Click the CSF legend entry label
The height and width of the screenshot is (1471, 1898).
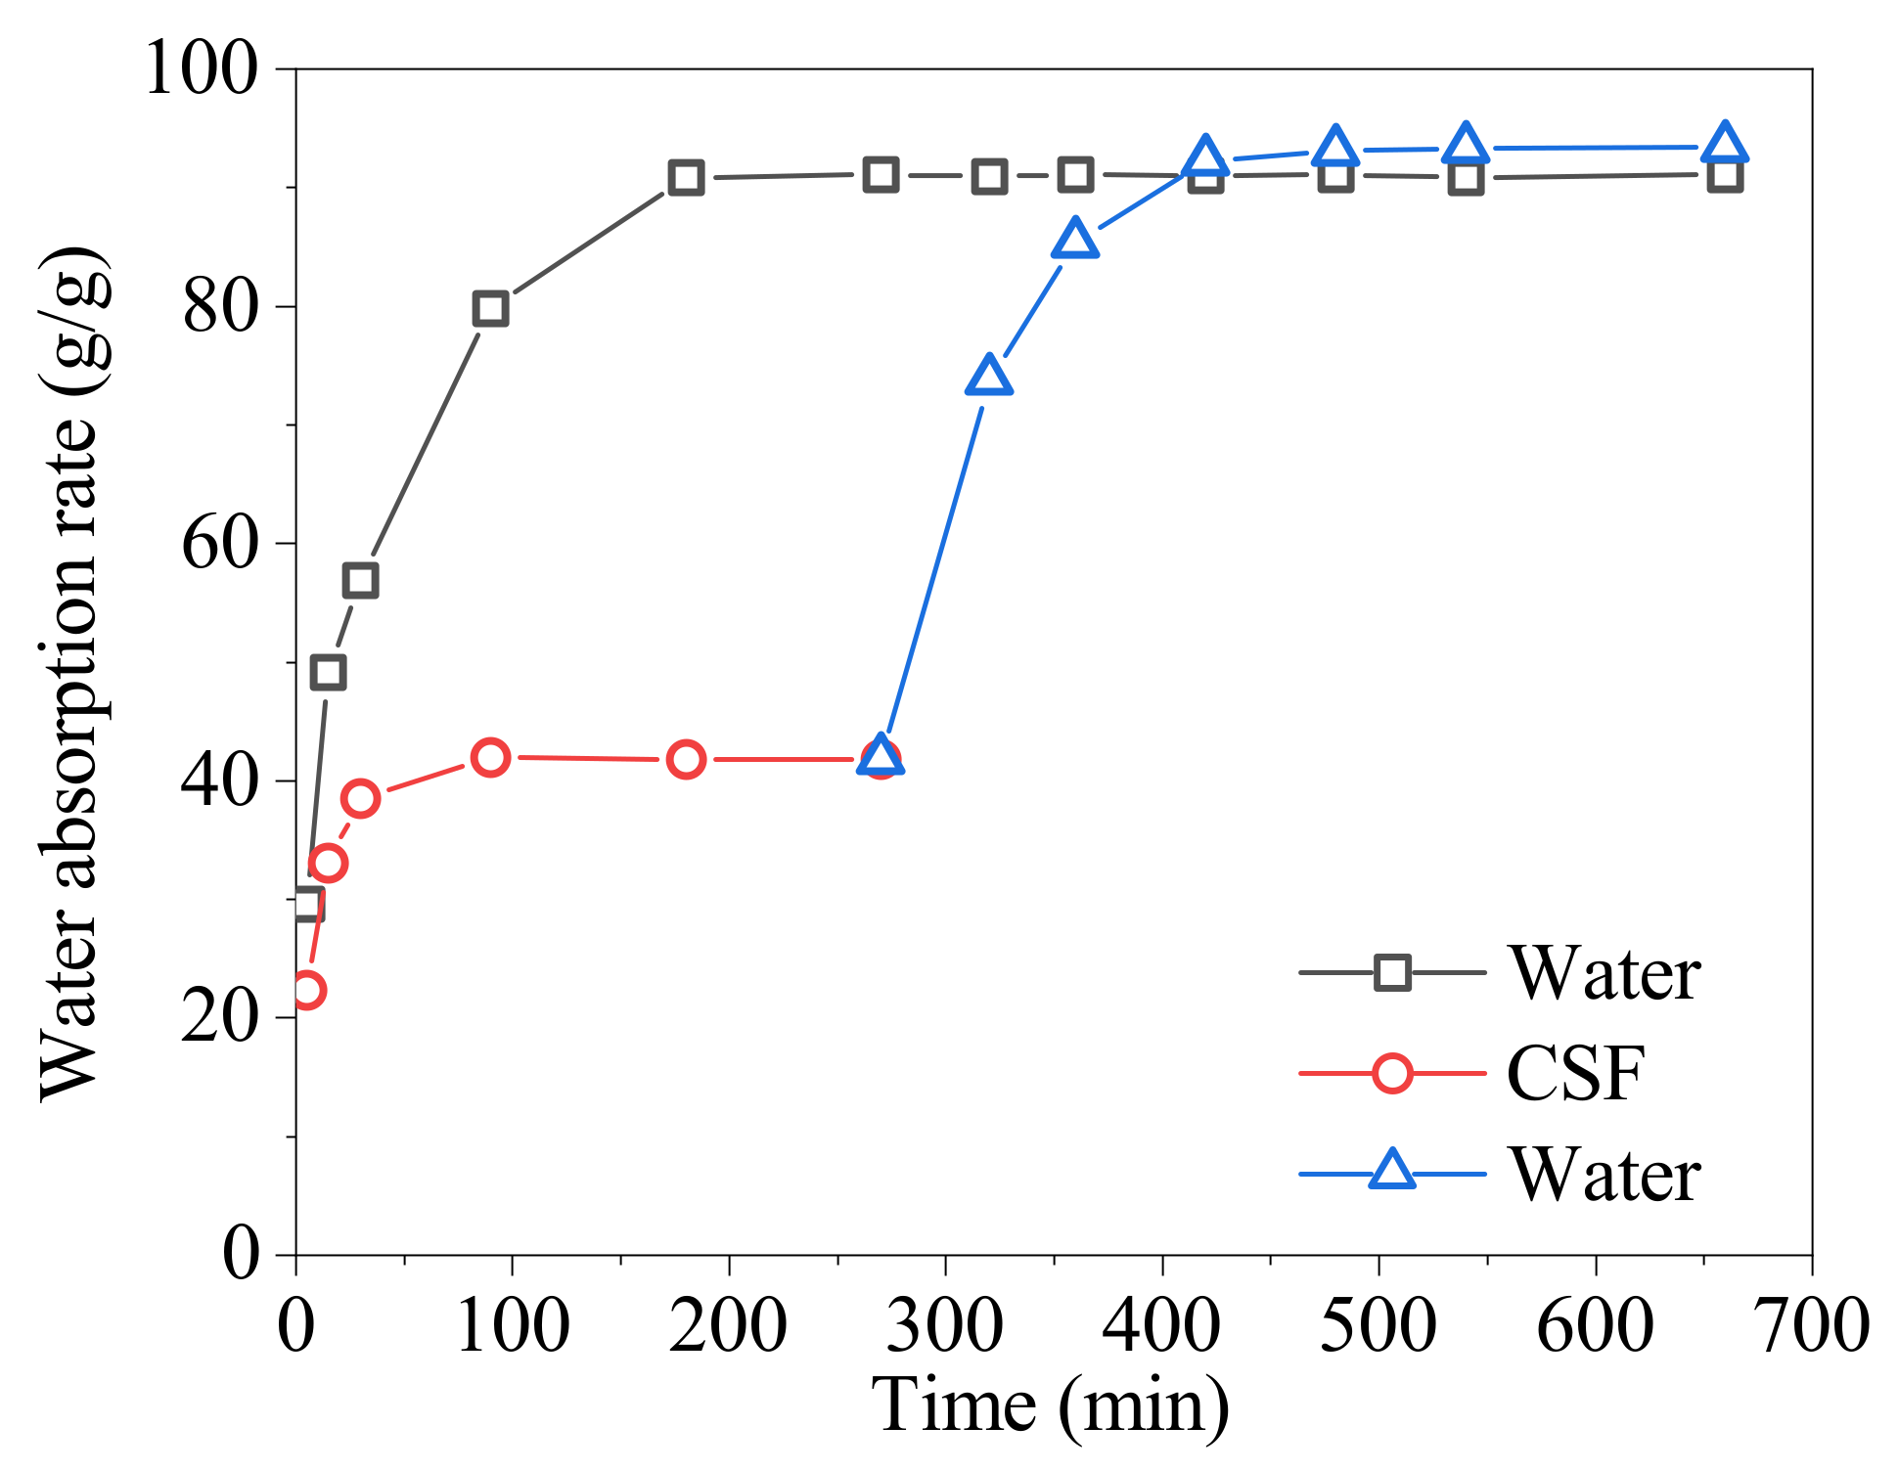pos(1575,1073)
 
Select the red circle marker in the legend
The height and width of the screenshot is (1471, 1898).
pos(1391,1073)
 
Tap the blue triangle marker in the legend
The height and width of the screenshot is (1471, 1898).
pos(1391,1171)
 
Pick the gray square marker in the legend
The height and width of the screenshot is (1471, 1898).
pos(1391,973)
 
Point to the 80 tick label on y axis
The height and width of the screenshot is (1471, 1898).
pos(220,307)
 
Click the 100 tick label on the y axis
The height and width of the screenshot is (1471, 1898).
pos(202,69)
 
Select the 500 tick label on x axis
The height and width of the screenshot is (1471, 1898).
pos(1378,1325)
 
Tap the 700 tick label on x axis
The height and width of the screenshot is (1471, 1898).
pos(1812,1325)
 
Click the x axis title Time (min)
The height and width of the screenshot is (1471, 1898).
pos(1050,1405)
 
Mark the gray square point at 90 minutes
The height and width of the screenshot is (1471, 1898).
pos(490,309)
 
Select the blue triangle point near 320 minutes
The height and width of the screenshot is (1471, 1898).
pos(988,377)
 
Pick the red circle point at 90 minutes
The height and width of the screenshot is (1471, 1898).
pos(490,757)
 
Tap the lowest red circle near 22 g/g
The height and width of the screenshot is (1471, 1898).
pos(307,990)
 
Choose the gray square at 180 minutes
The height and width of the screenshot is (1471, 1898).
pos(686,178)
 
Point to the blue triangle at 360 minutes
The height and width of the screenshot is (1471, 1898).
pos(1075,240)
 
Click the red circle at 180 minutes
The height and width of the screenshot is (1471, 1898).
pos(686,759)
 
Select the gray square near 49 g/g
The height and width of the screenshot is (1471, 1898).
pos(328,672)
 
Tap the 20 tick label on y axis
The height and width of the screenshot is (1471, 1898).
pos(220,1018)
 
